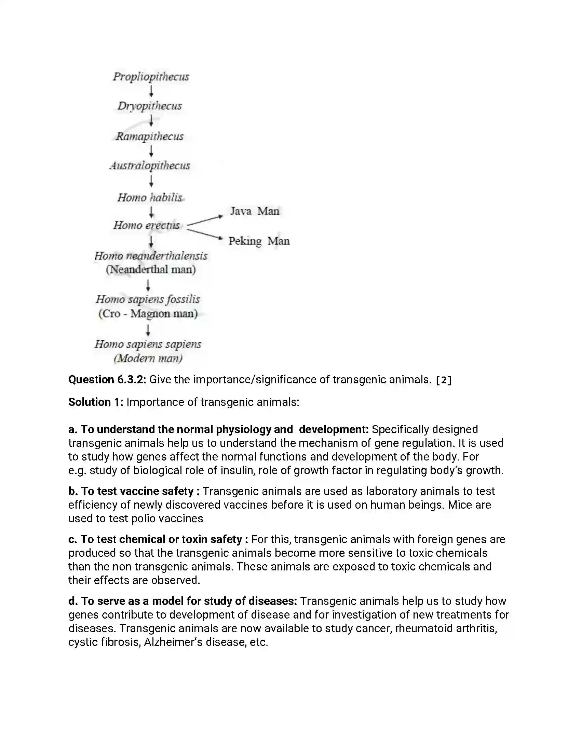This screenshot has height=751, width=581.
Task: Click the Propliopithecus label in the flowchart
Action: [x=151, y=76]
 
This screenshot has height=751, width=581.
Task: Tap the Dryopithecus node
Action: [x=149, y=106]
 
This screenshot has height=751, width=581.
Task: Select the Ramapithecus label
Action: [x=149, y=136]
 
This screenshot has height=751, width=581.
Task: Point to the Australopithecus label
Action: [x=150, y=166]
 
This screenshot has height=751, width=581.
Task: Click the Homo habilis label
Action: [x=150, y=197]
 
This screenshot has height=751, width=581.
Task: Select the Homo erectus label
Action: [x=147, y=225]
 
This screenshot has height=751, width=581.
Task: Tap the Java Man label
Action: [x=254, y=211]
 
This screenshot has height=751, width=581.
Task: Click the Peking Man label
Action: [x=259, y=241]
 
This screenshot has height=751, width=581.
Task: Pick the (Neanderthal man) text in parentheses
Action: [x=151, y=269]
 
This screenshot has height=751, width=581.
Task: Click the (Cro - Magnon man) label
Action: [x=148, y=314]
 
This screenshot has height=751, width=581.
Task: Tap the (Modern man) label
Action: [x=148, y=358]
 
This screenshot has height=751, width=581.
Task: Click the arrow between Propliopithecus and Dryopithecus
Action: [x=151, y=91]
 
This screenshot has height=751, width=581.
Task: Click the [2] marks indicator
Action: [x=443, y=380]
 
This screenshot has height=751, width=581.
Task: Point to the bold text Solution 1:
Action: [x=96, y=402]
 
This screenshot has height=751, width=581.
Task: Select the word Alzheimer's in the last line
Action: [x=173, y=642]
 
